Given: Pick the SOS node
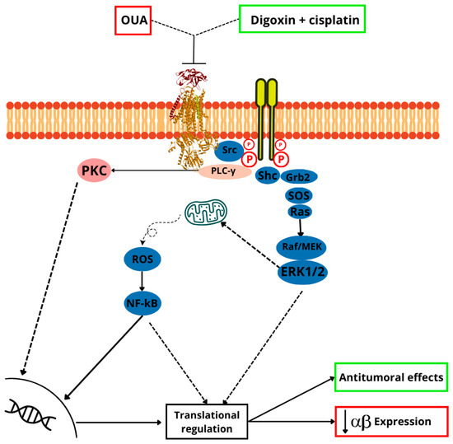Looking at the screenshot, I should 300,194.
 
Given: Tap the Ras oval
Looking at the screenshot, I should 300,212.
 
